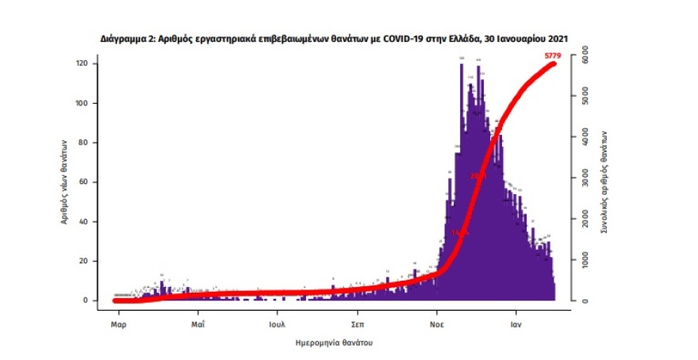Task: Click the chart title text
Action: (334, 37)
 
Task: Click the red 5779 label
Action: (554, 55)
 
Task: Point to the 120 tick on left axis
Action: (93, 63)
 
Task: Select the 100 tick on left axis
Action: (93, 103)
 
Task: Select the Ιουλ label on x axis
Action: (277, 325)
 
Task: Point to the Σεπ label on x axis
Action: (358, 325)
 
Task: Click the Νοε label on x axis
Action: (436, 325)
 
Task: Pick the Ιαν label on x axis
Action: (516, 325)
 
